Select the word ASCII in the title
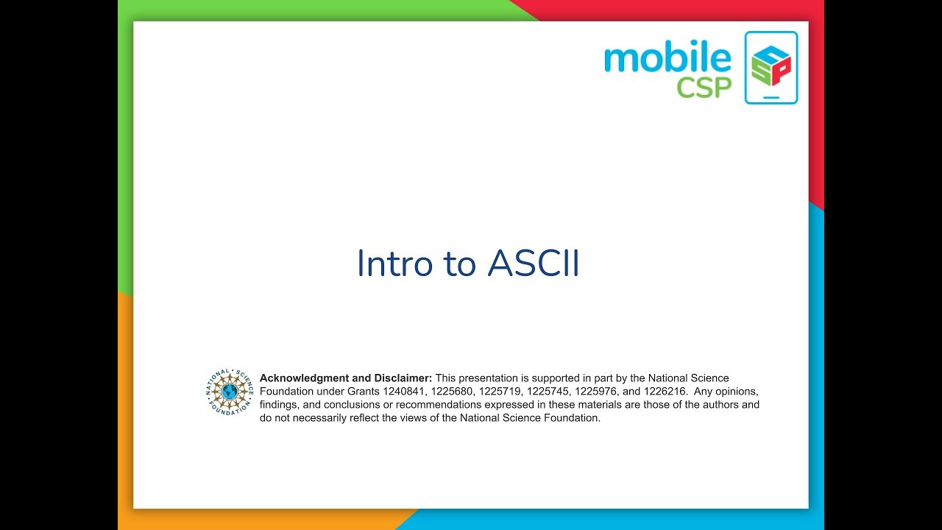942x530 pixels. point(534,264)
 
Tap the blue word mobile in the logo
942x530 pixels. point(667,59)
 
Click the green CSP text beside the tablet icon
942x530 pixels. point(704,87)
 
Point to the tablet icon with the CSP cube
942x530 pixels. point(771,67)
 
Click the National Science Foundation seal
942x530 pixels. point(230,391)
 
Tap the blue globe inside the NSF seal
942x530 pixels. point(230,391)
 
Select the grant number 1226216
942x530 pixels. point(665,392)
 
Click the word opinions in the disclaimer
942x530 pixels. point(728,392)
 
